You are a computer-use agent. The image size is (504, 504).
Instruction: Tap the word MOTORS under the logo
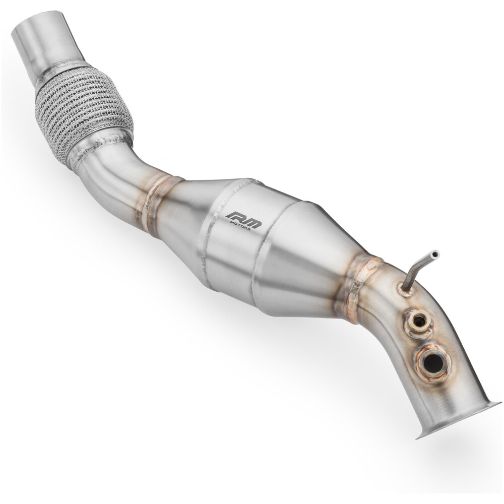tap(242, 228)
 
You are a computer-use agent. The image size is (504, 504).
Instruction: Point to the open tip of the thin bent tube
tap(435, 254)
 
